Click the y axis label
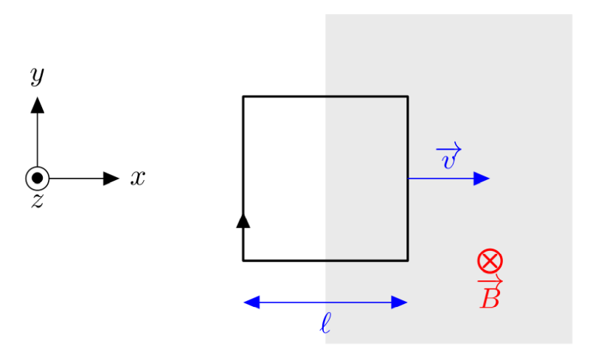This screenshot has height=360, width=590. [38, 75]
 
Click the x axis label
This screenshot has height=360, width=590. [138, 178]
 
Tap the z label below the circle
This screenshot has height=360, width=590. [38, 201]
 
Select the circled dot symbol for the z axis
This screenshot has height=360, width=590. [38, 178]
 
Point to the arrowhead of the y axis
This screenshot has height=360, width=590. [38, 105]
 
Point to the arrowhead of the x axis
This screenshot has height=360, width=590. [111, 178]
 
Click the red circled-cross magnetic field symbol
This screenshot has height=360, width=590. [490, 260]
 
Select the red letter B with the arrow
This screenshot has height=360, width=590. [490, 294]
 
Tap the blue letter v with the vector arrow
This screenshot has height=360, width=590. [449, 156]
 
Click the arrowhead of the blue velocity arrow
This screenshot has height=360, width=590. [482, 178]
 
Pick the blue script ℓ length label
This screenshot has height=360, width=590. [325, 323]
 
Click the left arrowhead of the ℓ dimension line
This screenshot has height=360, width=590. [251, 302]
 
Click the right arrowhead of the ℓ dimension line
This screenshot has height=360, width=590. [399, 302]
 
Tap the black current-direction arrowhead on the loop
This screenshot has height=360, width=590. [243, 221]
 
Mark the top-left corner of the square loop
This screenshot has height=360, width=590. [243, 97]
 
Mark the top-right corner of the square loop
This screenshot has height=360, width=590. [408, 97]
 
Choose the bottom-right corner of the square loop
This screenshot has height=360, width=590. [408, 260]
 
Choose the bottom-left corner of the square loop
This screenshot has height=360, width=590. [243, 260]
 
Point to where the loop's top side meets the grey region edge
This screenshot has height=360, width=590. [325, 97]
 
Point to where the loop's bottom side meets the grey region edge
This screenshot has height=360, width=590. [325, 260]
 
